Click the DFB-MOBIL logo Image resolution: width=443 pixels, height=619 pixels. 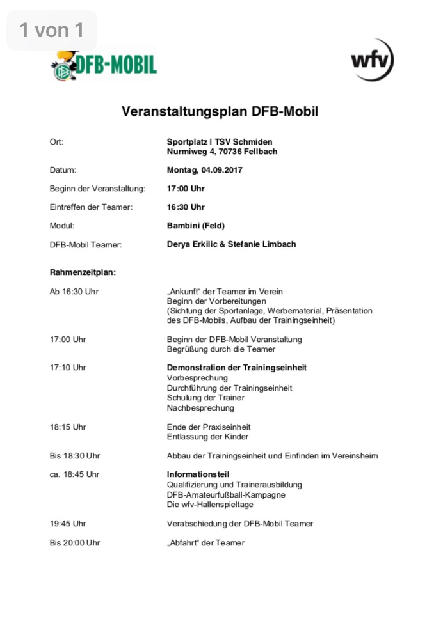click(104, 65)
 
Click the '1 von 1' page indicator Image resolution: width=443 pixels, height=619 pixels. click(52, 29)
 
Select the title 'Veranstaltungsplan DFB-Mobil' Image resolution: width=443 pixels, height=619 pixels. click(220, 111)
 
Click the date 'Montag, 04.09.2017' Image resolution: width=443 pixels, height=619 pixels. click(205, 170)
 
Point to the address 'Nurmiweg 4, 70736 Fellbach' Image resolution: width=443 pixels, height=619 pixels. click(222, 152)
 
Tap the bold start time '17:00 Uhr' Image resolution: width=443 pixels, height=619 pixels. click(186, 189)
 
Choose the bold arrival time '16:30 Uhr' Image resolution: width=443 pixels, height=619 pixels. click(186, 207)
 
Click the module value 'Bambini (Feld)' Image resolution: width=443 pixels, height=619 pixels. click(196, 226)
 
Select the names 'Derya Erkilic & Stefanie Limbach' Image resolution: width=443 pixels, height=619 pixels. click(231, 244)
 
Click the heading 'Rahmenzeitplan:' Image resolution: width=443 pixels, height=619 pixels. click(83, 272)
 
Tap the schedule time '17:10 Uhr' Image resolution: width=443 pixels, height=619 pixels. click(68, 368)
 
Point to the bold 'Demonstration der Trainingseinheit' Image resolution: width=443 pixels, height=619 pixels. click(237, 368)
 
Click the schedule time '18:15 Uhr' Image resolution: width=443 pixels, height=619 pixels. click(68, 427)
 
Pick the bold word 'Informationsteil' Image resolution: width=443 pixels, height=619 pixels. click(198, 474)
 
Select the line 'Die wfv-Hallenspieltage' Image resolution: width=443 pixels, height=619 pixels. click(210, 505)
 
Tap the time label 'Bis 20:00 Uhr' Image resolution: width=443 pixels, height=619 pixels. click(75, 543)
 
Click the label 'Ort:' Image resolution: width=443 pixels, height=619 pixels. click(56, 142)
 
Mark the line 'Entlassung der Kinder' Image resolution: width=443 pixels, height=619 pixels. click(207, 437)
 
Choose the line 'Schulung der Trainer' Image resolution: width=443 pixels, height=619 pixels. click(205, 398)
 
